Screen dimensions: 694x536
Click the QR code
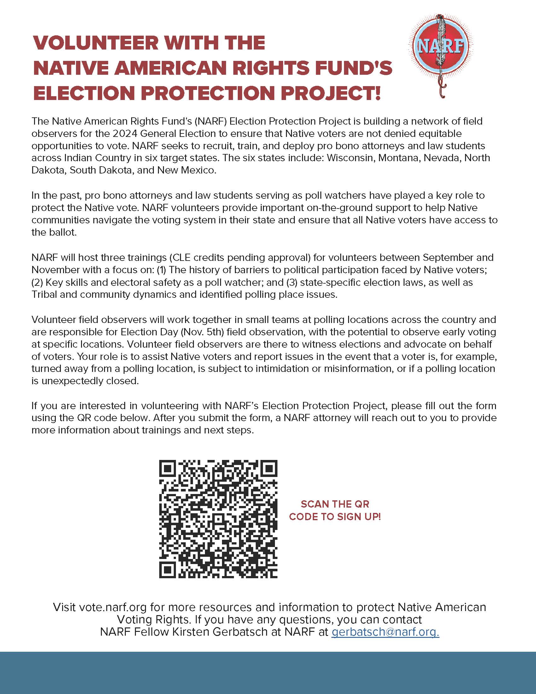218,519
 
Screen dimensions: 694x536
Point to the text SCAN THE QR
335,504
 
